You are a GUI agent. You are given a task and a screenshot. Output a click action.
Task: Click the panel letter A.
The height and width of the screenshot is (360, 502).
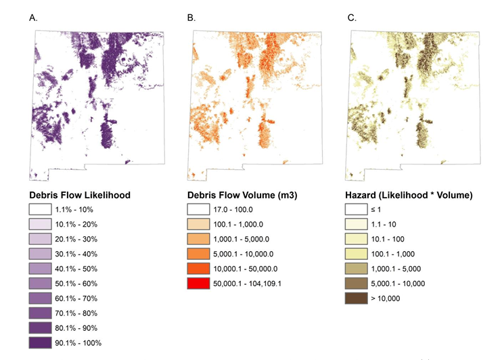(x=33, y=18)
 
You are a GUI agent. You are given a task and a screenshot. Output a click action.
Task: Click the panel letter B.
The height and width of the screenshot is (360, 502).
(x=191, y=18)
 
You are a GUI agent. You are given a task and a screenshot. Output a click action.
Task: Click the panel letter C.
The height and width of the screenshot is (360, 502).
(x=352, y=18)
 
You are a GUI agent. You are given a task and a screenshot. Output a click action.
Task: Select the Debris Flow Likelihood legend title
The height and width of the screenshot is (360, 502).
(x=80, y=195)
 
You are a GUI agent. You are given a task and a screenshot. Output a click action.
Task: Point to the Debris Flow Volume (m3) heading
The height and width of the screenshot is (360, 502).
(x=242, y=195)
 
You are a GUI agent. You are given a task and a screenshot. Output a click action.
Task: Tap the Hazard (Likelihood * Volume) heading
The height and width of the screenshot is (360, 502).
(x=409, y=195)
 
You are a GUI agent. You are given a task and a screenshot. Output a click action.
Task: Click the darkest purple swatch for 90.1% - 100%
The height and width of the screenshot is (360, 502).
(x=40, y=342)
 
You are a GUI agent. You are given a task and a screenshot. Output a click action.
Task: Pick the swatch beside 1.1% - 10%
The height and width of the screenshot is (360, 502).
(x=40, y=210)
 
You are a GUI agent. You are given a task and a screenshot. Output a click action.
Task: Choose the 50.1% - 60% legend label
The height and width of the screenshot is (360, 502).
(x=76, y=284)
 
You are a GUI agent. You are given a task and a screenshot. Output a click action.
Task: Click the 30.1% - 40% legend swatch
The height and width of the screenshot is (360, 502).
(x=40, y=254)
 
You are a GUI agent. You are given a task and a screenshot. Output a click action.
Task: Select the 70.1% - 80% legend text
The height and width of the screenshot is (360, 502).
(x=76, y=313)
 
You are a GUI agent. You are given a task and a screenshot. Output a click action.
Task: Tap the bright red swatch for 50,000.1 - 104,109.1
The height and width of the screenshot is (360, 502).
(x=198, y=284)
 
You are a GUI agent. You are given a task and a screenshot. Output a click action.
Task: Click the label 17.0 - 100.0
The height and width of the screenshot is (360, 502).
(x=233, y=210)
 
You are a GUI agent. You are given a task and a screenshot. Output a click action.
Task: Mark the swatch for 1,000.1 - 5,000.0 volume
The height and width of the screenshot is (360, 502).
(x=198, y=240)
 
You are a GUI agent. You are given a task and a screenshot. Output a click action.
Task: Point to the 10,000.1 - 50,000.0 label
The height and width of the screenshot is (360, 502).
(x=246, y=269)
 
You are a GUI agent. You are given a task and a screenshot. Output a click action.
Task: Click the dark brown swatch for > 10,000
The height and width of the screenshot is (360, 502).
(x=357, y=298)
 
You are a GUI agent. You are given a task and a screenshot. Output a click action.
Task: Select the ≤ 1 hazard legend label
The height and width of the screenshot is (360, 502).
(x=376, y=210)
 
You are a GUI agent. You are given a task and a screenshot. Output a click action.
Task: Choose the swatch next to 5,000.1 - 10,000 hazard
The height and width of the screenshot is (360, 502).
(x=357, y=284)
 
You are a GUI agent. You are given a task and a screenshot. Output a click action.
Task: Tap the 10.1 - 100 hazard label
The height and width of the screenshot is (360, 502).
(x=388, y=240)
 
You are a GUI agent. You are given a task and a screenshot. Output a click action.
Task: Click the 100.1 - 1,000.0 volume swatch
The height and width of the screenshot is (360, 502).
(x=198, y=224)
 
